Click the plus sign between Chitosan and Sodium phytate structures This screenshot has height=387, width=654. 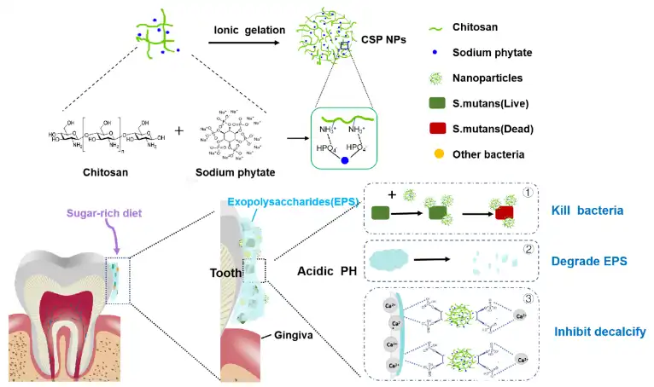(178, 131)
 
